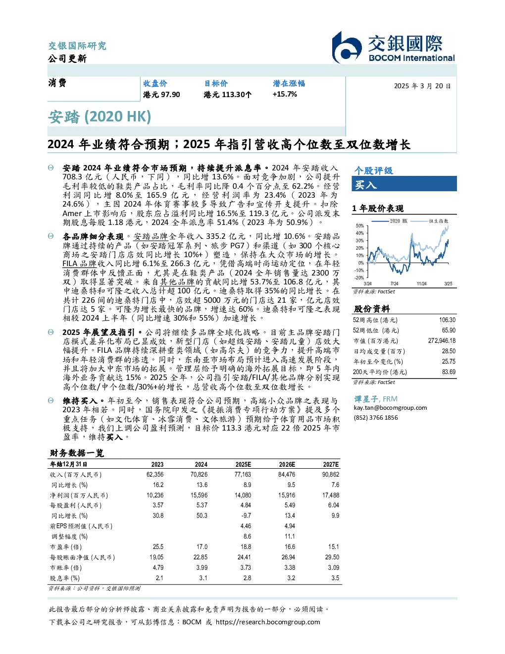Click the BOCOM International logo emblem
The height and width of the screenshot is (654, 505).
click(x=347, y=47)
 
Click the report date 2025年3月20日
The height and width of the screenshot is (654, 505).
click(x=422, y=86)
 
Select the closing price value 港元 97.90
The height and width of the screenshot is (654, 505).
click(x=161, y=95)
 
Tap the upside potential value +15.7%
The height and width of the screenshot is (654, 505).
click(x=285, y=94)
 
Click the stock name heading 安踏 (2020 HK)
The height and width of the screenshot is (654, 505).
click(x=100, y=116)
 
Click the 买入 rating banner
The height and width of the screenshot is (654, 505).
click(x=404, y=184)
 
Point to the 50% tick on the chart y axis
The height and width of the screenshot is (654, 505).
click(x=360, y=226)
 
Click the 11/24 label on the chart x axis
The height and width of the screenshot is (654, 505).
click(x=422, y=283)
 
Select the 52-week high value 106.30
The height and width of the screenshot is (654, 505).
click(x=447, y=320)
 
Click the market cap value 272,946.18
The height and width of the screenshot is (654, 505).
click(x=442, y=341)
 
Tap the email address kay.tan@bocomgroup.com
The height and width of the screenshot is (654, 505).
click(x=391, y=408)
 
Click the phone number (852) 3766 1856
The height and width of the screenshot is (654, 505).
click(x=376, y=418)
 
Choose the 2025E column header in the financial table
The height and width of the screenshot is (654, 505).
click(x=243, y=464)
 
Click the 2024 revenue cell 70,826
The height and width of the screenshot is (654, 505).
click(x=199, y=475)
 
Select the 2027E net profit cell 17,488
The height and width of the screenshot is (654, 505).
click(x=331, y=495)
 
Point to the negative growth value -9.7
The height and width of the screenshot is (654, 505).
click(x=246, y=516)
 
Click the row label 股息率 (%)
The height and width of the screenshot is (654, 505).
click(x=65, y=579)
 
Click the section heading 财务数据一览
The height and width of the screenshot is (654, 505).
click(x=77, y=453)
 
